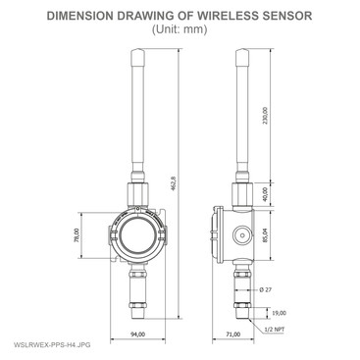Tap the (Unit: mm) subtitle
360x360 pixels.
click(x=180, y=29)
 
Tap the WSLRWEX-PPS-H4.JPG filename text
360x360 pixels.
click(x=46, y=346)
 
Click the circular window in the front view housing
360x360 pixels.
click(x=136, y=236)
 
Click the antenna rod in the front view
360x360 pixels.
click(x=137, y=108)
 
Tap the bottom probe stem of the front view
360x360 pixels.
click(x=136, y=294)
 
